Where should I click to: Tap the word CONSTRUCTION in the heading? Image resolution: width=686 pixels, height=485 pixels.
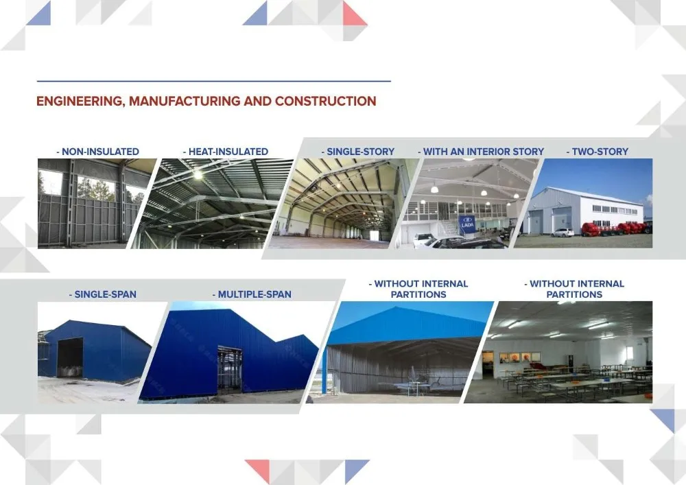click(x=325, y=101)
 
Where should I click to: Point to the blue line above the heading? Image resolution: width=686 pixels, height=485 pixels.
click(x=213, y=81)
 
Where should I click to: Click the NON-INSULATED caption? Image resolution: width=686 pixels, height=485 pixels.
click(x=97, y=152)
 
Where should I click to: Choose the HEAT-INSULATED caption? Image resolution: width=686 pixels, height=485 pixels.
click(x=225, y=152)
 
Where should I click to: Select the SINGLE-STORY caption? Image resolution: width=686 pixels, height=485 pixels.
click(x=358, y=152)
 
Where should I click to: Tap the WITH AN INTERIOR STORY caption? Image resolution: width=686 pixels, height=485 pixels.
click(x=481, y=152)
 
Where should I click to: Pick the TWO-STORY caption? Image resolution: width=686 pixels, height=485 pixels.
click(x=598, y=152)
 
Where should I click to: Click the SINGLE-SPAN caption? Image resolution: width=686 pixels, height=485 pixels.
click(x=103, y=294)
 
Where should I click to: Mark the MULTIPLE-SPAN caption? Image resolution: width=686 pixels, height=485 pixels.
click(x=252, y=294)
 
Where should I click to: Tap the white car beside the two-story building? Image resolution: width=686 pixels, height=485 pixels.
click(x=563, y=233)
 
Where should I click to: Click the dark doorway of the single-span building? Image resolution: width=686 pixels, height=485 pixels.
click(x=69, y=357)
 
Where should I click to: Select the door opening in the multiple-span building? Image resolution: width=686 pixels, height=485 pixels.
click(x=230, y=370)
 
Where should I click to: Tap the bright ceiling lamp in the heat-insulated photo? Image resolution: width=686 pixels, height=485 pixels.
click(x=198, y=176)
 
